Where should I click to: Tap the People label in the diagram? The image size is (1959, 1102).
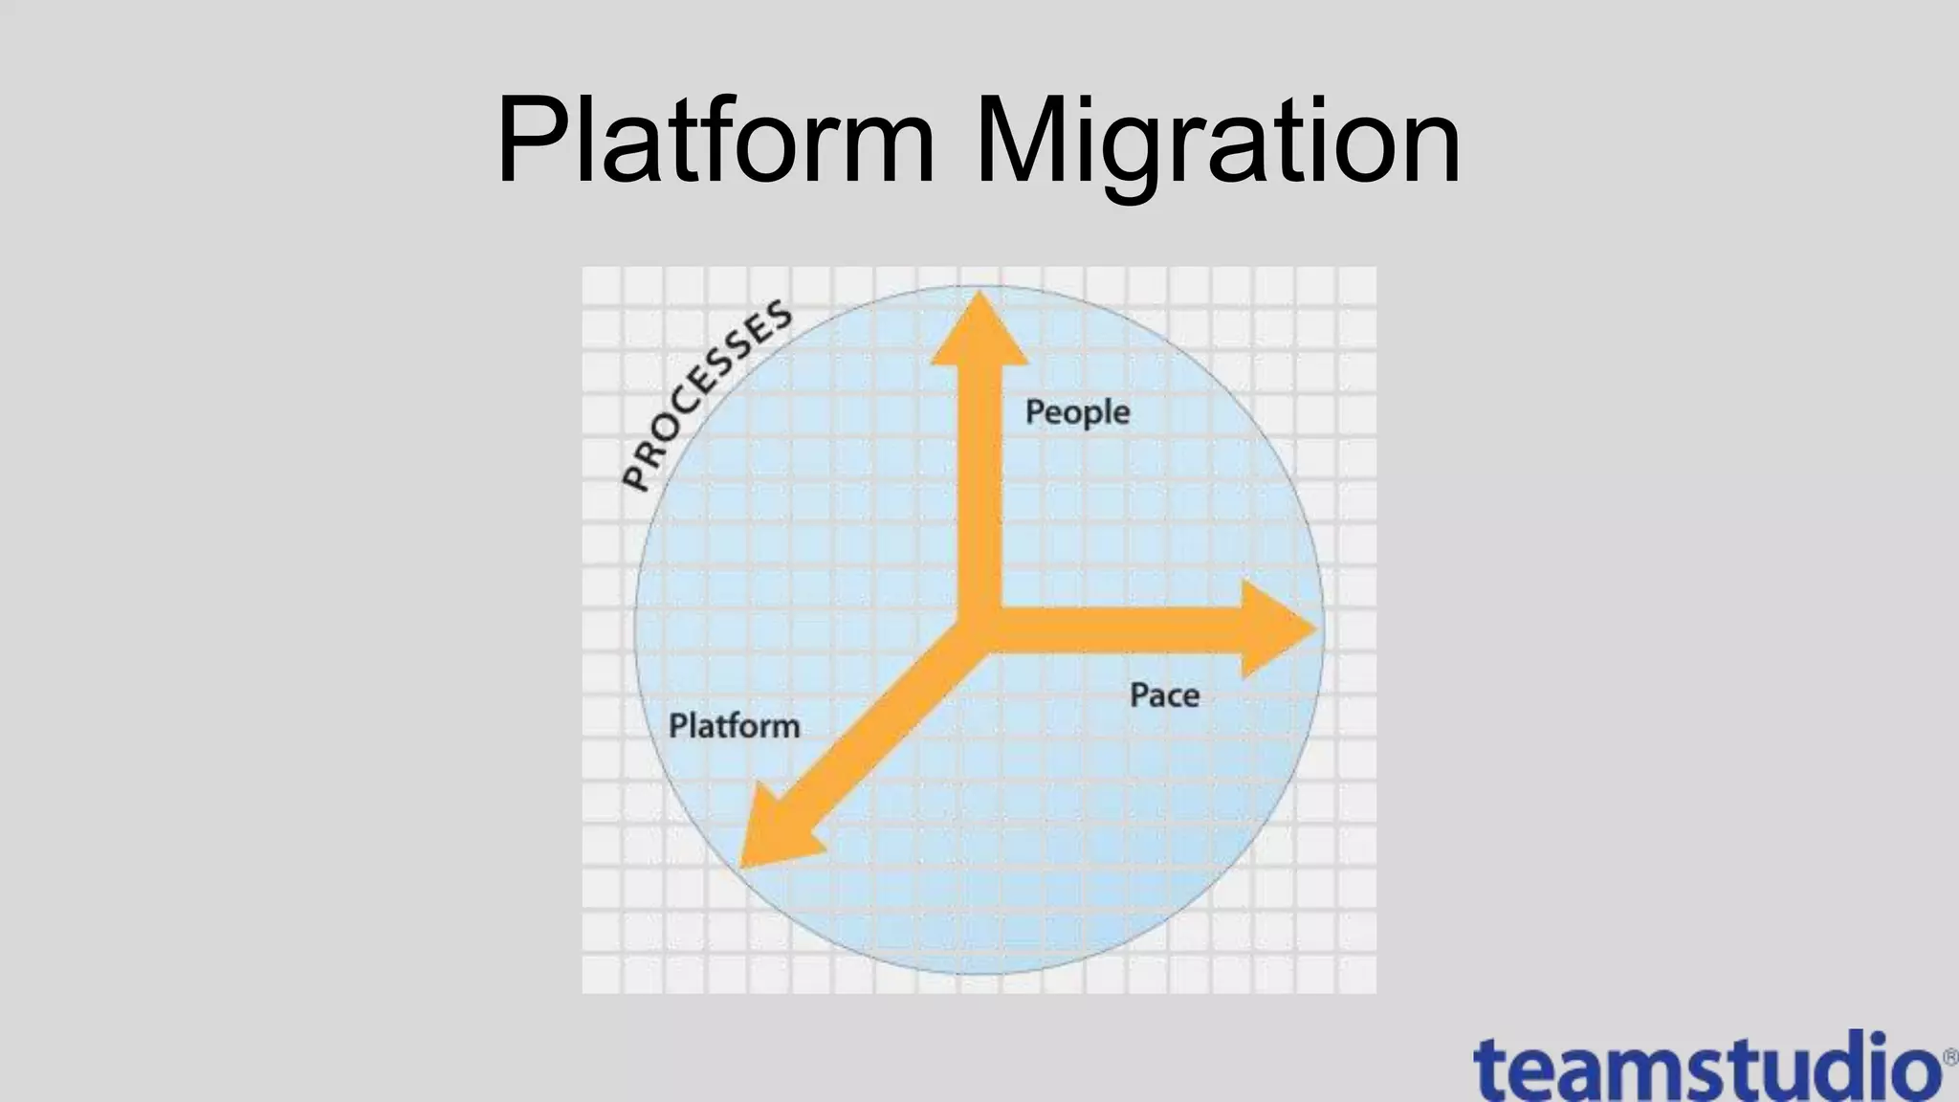tap(1077, 412)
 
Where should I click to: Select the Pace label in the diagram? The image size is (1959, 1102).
tap(1164, 694)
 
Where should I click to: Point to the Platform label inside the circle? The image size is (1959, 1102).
tap(734, 725)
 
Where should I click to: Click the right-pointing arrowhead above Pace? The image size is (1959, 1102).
tap(1278, 628)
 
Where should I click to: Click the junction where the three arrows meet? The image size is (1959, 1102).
tap(979, 627)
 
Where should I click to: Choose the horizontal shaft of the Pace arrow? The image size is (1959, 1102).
tap(1119, 628)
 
